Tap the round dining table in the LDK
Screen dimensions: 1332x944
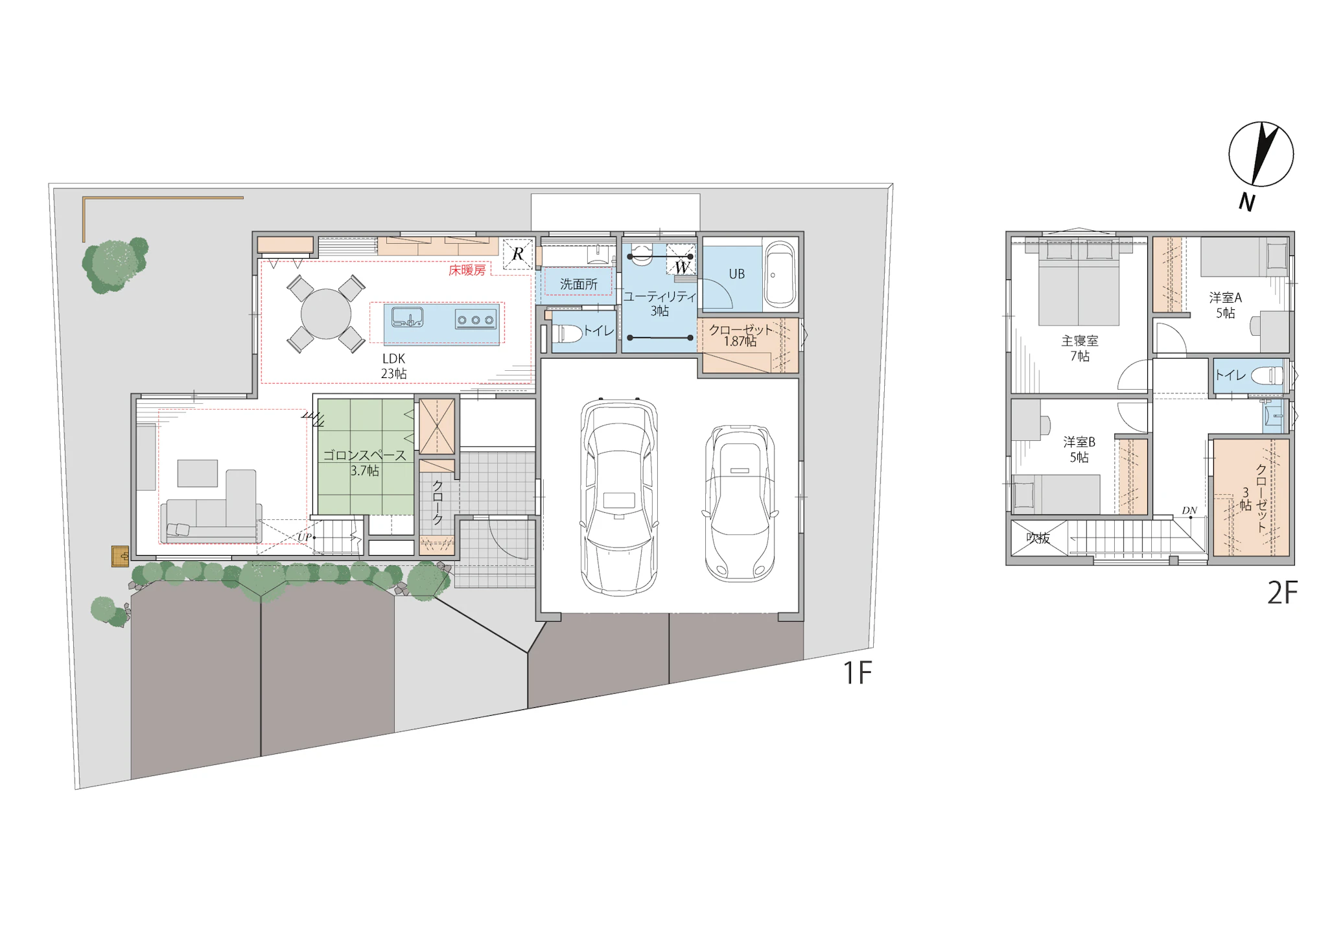point(326,314)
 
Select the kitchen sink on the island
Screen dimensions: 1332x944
point(408,318)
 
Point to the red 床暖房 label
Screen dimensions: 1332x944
point(467,270)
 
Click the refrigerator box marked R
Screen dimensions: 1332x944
point(518,254)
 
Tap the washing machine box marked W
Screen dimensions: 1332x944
point(681,259)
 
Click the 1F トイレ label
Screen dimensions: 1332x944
point(598,331)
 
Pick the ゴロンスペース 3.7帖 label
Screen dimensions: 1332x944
point(365,463)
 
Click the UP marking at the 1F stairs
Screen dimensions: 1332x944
point(304,537)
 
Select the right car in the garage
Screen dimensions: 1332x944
point(740,503)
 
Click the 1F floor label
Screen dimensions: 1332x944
point(857,673)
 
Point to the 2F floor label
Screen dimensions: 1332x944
point(1282,593)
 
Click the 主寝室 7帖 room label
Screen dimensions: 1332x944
point(1080,348)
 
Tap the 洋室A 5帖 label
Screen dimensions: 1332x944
point(1225,305)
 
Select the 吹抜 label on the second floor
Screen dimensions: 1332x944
point(1038,537)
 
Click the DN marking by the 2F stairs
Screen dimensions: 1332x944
point(1189,511)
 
